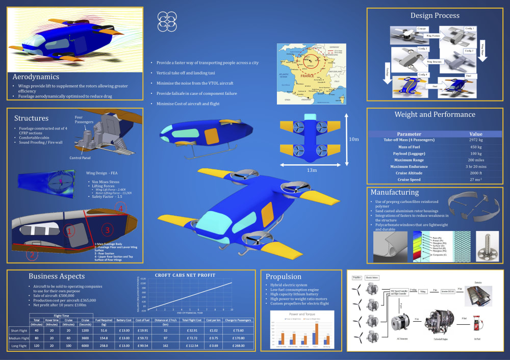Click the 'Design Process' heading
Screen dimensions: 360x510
[x=435, y=15]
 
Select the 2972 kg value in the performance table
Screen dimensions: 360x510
[x=475, y=140]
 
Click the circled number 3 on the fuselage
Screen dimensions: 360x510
[x=108, y=230]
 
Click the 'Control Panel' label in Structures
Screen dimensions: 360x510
[x=84, y=158]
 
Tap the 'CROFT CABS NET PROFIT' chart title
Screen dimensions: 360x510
[x=185, y=275]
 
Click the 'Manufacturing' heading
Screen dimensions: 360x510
[x=395, y=193]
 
